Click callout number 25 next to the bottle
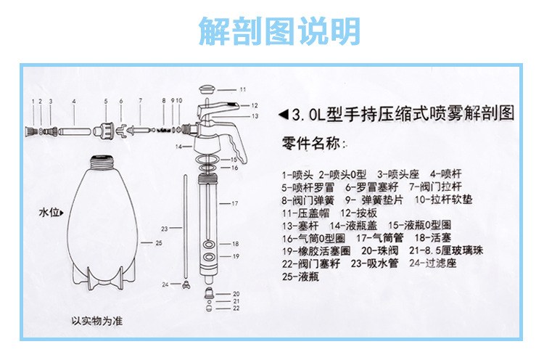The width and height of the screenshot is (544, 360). [157, 242]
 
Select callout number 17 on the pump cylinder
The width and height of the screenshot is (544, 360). [234, 205]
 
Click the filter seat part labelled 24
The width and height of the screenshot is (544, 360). [186, 285]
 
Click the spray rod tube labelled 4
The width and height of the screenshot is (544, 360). [74, 131]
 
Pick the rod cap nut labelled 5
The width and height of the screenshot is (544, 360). [106, 131]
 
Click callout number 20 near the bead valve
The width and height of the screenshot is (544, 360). [235, 294]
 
